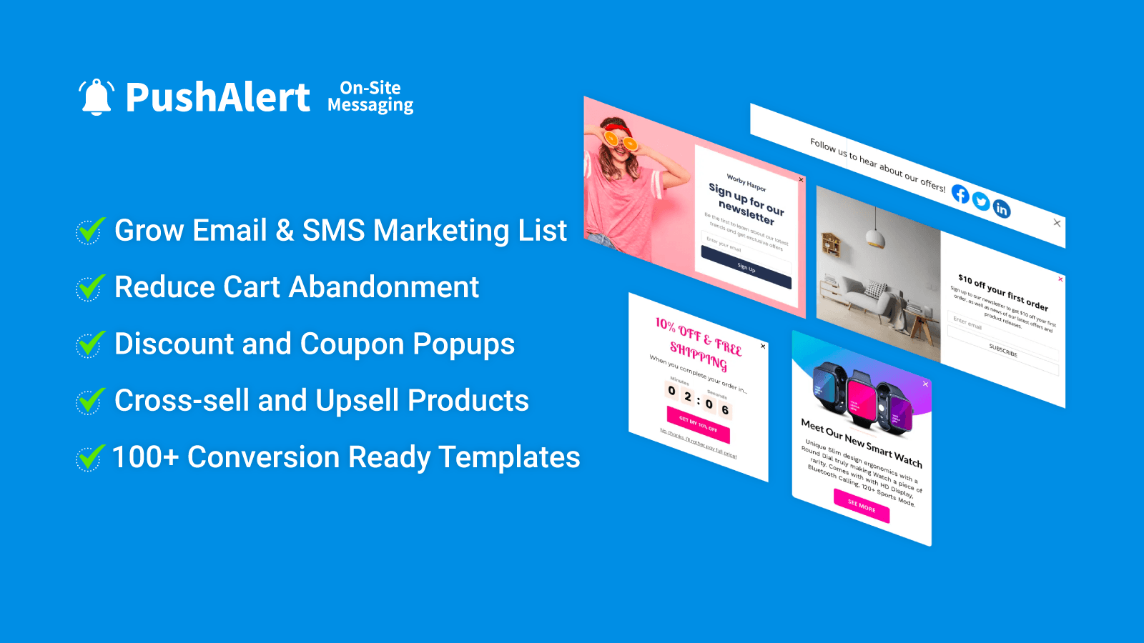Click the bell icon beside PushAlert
[x=96, y=97]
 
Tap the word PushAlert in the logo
[x=217, y=98]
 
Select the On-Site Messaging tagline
[x=370, y=96]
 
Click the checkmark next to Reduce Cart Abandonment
[x=91, y=288]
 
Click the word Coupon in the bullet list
[x=352, y=344]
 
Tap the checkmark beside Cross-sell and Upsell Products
[x=91, y=401]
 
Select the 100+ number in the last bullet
[x=145, y=457]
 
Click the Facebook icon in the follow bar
[x=960, y=194]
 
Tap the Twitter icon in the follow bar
[x=981, y=202]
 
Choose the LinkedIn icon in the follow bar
[x=1002, y=209]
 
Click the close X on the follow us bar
[x=1057, y=223]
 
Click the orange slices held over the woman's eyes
[x=619, y=139]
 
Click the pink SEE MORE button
[x=862, y=507]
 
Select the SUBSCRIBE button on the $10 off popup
[x=1002, y=351]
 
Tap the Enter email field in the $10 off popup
[x=1001, y=332]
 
